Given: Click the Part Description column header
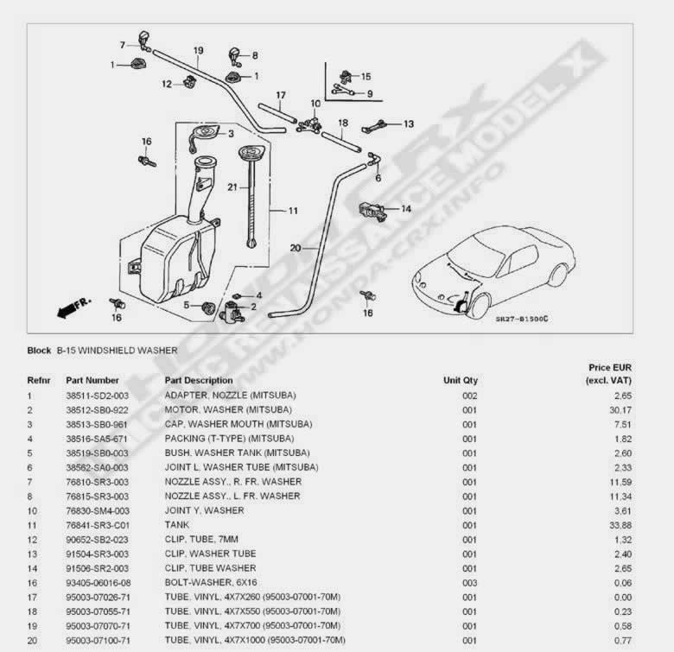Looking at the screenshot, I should pos(198,380).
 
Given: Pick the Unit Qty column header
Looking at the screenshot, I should pos(461,380).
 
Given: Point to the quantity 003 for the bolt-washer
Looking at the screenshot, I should pos(469,582).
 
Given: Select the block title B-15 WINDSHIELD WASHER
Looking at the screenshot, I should pos(117,351).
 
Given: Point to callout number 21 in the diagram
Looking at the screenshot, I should pos(232,187).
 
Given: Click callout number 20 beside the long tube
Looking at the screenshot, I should pos(295,248).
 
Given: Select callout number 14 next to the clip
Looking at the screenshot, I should pos(405,208).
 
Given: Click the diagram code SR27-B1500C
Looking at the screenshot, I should pos(521,319).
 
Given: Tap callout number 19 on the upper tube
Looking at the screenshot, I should pos(198,51).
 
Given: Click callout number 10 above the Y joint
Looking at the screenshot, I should pos(315,104).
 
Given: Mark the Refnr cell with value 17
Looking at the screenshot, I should pos(32,597).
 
